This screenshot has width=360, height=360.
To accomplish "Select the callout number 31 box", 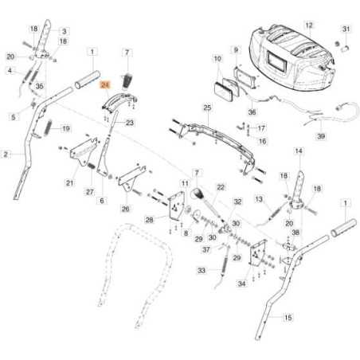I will click(x=346, y=29).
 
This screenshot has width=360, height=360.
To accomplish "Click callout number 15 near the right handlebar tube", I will click(x=288, y=317).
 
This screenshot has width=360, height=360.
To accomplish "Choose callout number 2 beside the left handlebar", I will click(x=7, y=153).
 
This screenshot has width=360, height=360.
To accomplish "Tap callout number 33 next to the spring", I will click(x=202, y=271).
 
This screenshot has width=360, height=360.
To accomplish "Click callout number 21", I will click(x=69, y=183).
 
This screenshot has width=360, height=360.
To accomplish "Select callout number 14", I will click(x=299, y=151).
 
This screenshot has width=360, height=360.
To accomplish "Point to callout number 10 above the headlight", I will click(x=217, y=59).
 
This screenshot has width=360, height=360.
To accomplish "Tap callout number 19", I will click(x=66, y=128).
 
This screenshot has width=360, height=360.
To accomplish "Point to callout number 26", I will click(x=125, y=209).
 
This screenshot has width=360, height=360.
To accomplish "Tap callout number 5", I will click(x=13, y=116).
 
